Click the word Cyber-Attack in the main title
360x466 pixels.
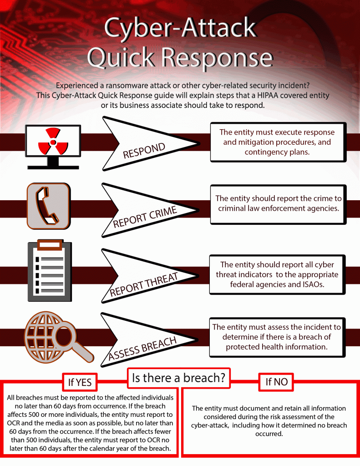pyautogui.click(x=180, y=28)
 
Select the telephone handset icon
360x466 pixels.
pyautogui.click(x=48, y=206)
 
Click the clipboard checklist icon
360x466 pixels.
pyautogui.click(x=50, y=271)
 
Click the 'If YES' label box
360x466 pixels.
pyautogui.click(x=80, y=382)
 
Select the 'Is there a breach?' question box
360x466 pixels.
pyautogui.click(x=178, y=378)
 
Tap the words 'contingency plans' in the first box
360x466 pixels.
pyautogui.click(x=277, y=152)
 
